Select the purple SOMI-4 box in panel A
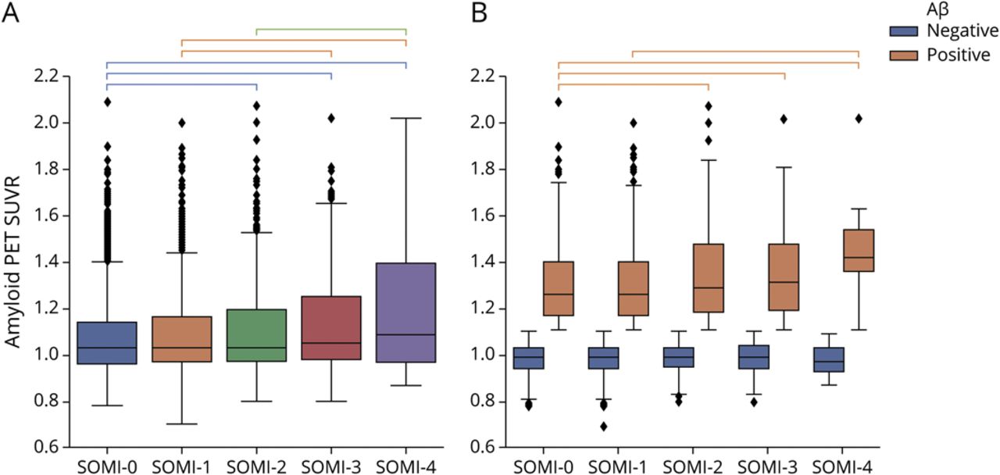click(406, 312)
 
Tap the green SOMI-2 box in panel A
click(256, 335)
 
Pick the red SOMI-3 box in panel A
click(331, 328)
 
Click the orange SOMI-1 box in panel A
click(181, 339)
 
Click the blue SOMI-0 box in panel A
click(107, 343)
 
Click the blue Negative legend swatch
click(905, 31)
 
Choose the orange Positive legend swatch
click(905, 55)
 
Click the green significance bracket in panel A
click(331, 30)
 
